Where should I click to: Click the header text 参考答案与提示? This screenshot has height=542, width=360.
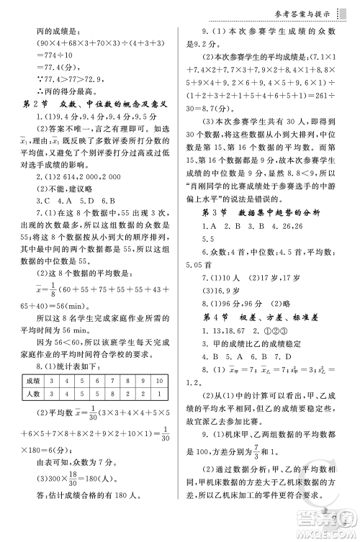click(x=294, y=13)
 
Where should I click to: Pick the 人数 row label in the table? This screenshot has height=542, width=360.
click(x=33, y=393)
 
